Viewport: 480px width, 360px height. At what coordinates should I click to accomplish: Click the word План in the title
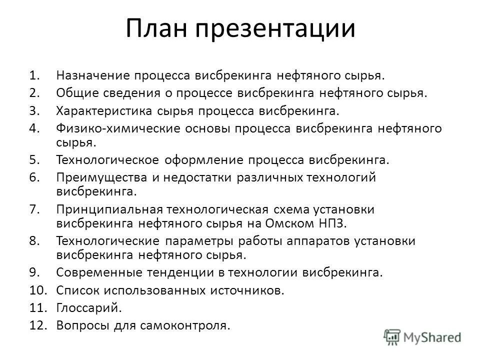pyautogui.click(x=155, y=29)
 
